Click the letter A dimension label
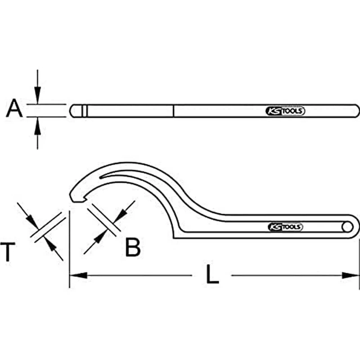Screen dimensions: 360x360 point(14,109)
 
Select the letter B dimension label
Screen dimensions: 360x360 point(132,247)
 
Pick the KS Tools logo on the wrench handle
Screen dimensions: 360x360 point(286,227)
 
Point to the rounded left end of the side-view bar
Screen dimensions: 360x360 point(72,111)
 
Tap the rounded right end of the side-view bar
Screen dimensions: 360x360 point(356,111)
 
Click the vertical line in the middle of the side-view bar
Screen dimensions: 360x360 point(174,111)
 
